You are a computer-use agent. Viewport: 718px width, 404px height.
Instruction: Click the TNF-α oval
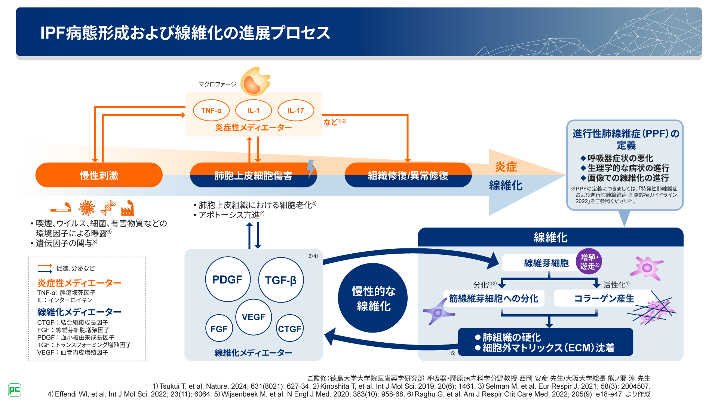[211, 110]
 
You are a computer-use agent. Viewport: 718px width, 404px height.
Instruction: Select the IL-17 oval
[296, 110]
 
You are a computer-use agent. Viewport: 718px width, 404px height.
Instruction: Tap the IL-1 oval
[254, 110]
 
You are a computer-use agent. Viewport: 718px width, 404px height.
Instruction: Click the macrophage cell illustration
[255, 82]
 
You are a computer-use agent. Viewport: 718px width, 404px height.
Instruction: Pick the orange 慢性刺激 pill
[99, 175]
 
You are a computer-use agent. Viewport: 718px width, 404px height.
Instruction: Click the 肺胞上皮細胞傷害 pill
[253, 175]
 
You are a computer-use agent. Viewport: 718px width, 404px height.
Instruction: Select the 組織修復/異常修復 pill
[408, 175]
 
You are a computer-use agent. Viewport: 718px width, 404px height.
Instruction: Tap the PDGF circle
[227, 279]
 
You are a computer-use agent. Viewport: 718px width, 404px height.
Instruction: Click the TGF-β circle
[281, 280]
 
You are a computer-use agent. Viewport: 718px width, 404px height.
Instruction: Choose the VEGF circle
[254, 317]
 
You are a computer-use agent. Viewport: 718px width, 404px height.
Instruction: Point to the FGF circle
[219, 328]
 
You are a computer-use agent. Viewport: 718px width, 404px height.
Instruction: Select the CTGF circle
[289, 328]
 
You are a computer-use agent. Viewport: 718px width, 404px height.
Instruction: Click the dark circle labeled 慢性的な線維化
[373, 298]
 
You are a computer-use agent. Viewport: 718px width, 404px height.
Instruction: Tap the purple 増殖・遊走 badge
[589, 261]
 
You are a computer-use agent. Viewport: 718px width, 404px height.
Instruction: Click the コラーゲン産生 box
[604, 298]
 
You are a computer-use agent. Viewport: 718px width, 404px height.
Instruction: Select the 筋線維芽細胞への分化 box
[494, 298]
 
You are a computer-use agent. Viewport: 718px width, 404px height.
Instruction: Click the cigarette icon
[61, 208]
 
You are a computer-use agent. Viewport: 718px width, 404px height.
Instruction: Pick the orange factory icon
[127, 208]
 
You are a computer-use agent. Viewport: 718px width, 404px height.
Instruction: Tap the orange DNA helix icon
[108, 208]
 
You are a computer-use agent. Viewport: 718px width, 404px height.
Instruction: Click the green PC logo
[15, 390]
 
